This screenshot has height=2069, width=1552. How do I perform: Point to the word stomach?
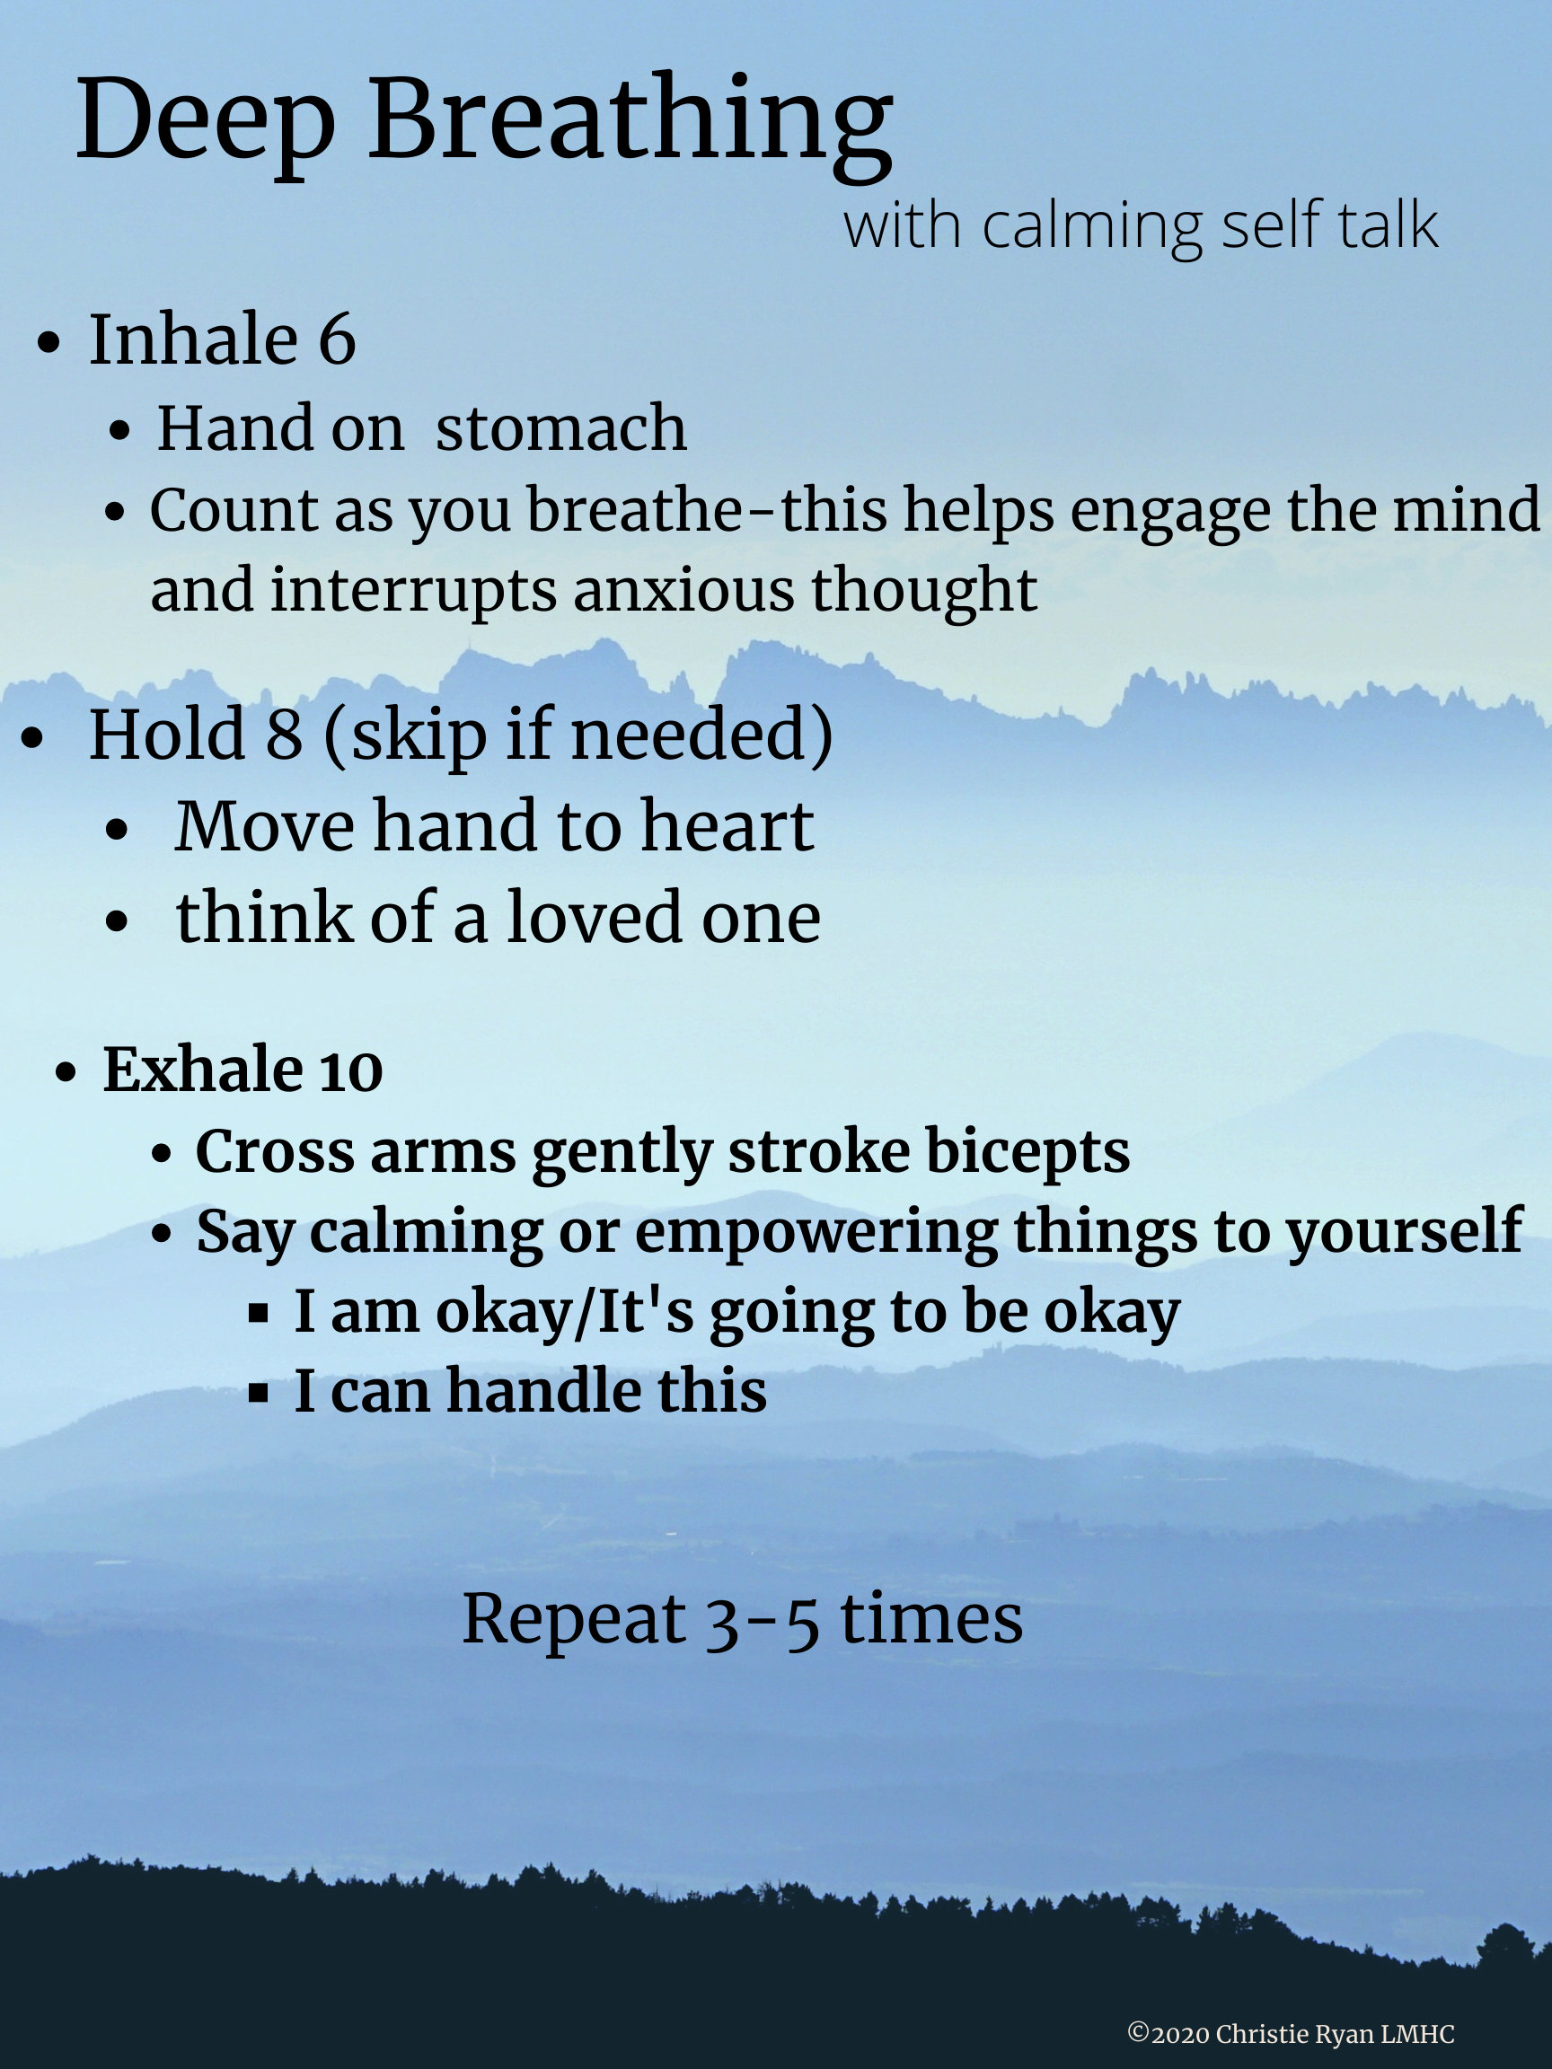pos(560,428)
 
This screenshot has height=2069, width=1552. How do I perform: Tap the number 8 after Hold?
pos(285,735)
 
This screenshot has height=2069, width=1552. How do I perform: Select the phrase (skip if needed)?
pos(578,736)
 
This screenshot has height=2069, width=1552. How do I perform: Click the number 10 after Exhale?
pos(351,1071)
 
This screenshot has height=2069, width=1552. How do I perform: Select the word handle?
pos(542,1391)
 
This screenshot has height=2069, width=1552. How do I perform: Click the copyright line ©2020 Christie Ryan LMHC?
pos(1291,2034)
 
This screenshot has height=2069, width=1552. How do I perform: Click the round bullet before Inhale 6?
pos(48,342)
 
